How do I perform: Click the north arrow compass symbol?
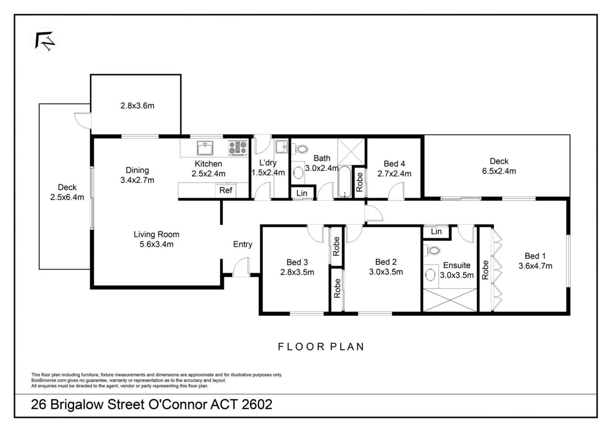click(x=45, y=41)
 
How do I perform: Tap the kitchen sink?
click(x=205, y=148)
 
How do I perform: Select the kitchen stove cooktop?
click(x=238, y=148)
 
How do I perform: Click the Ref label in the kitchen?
click(x=225, y=190)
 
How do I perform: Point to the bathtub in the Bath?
click(x=344, y=181)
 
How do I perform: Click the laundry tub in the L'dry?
click(x=282, y=146)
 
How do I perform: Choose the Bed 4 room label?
click(x=394, y=164)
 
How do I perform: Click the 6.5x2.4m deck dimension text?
click(x=499, y=171)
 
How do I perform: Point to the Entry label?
click(x=243, y=244)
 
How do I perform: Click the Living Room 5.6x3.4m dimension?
click(x=157, y=244)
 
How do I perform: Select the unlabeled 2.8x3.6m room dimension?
click(x=137, y=106)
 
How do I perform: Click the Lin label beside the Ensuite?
click(x=436, y=232)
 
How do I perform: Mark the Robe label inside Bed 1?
click(x=485, y=270)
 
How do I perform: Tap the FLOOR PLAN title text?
click(x=321, y=346)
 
